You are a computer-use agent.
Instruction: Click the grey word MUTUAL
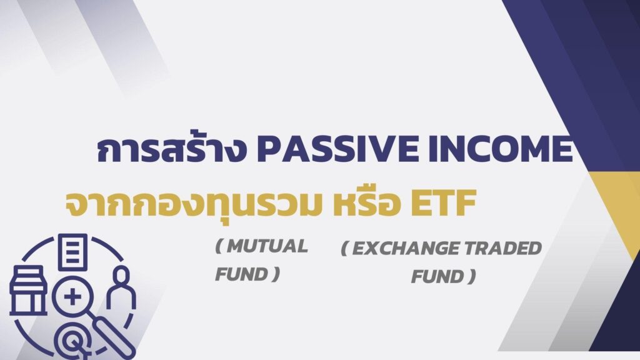click(x=267, y=246)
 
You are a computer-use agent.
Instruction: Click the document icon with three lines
click(x=72, y=252)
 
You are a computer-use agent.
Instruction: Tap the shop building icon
click(x=28, y=291)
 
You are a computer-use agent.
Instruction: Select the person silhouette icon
click(x=121, y=287)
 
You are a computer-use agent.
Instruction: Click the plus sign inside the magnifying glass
click(x=72, y=297)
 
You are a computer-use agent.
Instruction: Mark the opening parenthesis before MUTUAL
click(x=219, y=246)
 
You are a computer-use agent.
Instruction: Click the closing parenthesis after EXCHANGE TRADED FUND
click(x=472, y=277)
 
